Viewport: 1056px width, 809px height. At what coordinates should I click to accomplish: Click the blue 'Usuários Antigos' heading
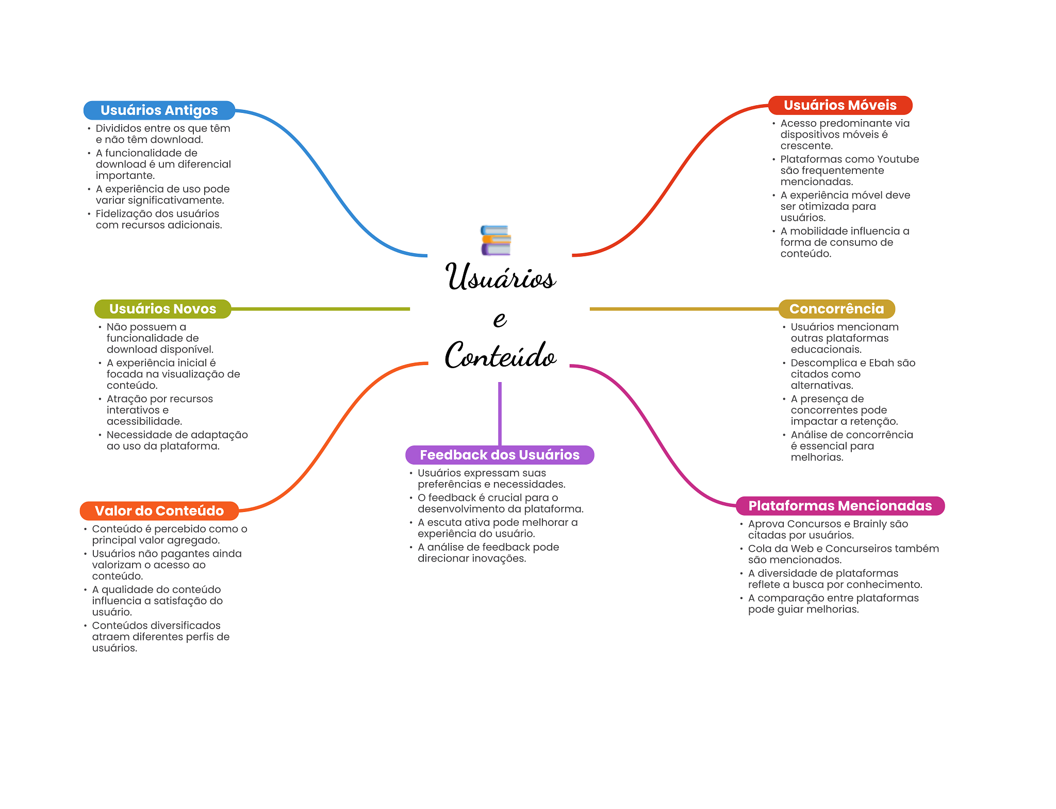point(159,110)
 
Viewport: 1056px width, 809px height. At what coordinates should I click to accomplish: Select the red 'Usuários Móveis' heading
point(840,105)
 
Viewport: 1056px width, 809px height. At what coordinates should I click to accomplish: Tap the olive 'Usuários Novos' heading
point(162,309)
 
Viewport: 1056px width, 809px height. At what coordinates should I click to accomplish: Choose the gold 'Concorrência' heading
point(836,309)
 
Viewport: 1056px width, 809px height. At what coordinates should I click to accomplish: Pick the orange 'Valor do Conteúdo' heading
point(159,511)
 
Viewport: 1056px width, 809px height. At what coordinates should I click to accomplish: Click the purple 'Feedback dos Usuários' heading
point(499,455)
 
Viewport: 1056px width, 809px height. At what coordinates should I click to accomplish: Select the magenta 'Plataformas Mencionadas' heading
point(840,506)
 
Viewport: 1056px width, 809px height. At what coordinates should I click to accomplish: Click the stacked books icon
point(496,240)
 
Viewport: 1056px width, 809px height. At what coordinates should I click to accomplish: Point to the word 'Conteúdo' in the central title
point(500,355)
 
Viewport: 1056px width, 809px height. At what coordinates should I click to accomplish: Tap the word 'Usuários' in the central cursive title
point(500,277)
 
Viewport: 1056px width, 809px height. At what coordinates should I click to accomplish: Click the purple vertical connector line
point(500,412)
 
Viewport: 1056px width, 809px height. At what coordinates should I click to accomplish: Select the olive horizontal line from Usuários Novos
point(320,309)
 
